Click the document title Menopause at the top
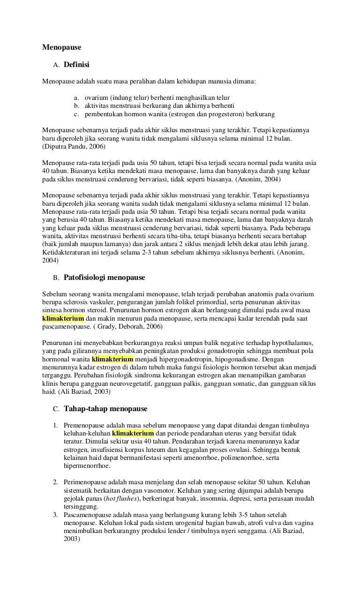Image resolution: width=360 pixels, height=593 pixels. (62, 47)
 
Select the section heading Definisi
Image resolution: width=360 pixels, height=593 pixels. (76, 64)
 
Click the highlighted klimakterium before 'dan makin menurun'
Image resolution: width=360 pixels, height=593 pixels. (63, 318)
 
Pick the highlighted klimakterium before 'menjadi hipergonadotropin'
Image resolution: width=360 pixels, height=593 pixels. (113, 359)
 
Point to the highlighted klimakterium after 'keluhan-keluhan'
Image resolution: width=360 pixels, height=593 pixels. (133, 433)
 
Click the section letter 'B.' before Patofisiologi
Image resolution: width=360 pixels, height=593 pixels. (56, 278)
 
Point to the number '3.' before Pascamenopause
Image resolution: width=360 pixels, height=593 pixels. (55, 515)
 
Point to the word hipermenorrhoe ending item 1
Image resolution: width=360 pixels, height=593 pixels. (87, 465)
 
